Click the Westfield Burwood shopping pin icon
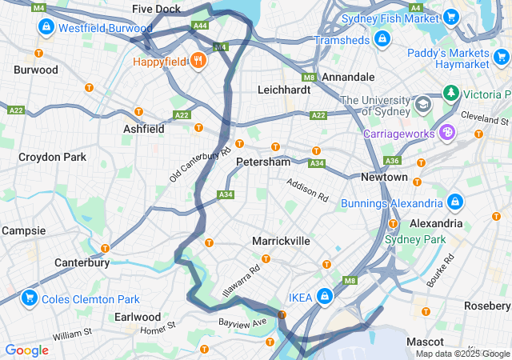point(46,27)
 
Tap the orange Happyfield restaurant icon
point(198,61)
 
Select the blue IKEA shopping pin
point(324,297)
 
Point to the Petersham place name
point(263,162)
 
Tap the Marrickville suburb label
point(281,241)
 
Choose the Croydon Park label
point(52,157)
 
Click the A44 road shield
point(200,26)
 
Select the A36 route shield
point(393,161)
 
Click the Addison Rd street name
point(308,190)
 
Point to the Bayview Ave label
point(242,322)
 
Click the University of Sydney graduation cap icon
point(422,104)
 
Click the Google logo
point(26,350)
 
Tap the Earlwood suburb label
point(138,317)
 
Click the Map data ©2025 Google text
point(462,354)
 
